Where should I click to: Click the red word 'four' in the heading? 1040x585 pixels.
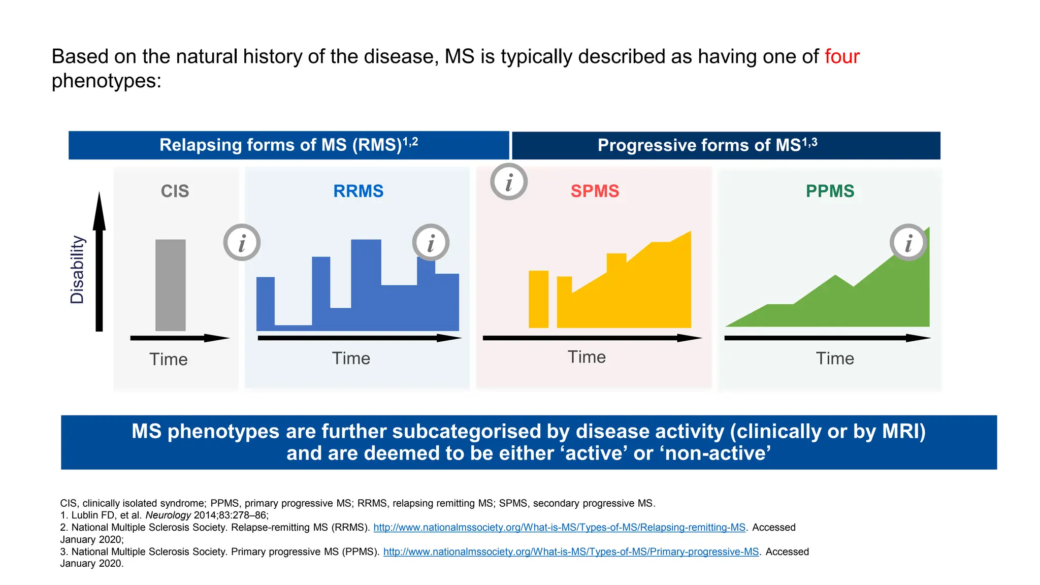841,56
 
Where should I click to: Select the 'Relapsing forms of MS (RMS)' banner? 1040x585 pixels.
288,145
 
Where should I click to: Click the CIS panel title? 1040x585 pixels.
175,191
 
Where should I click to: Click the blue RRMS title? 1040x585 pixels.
358,191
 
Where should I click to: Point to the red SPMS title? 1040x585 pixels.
595,191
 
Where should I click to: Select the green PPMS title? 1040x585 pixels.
830,191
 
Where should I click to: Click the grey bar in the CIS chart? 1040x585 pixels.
170,285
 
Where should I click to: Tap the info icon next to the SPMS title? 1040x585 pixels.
509,182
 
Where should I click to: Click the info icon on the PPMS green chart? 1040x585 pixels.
908,243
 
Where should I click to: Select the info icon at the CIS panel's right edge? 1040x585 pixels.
242,243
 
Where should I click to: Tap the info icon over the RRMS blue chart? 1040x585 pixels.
431,243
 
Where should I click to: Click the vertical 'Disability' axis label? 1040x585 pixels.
77,270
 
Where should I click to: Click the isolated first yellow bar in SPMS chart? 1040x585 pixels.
538,299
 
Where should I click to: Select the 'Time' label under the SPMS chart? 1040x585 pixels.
587,357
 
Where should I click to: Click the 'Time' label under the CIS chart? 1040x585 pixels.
169,360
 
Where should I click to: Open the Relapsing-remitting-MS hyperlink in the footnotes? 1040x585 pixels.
559,528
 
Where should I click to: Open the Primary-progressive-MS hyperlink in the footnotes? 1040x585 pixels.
571,552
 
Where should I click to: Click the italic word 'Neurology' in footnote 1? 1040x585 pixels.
168,515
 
